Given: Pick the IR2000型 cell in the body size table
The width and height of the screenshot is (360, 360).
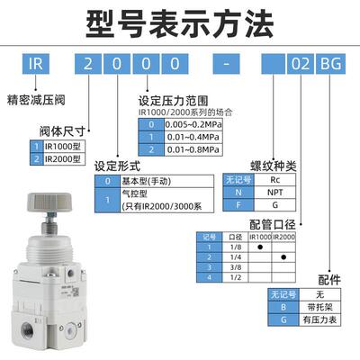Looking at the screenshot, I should pyautogui.click(x=64, y=158).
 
